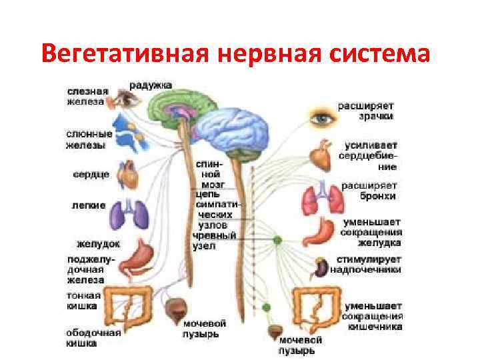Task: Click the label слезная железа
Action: pos(85,96)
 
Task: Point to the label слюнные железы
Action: pos(89,139)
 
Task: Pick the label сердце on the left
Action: pos(88,175)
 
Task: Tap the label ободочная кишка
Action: pos(93,337)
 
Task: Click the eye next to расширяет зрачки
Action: pos(323,118)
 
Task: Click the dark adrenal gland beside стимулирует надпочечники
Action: pos(321,268)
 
